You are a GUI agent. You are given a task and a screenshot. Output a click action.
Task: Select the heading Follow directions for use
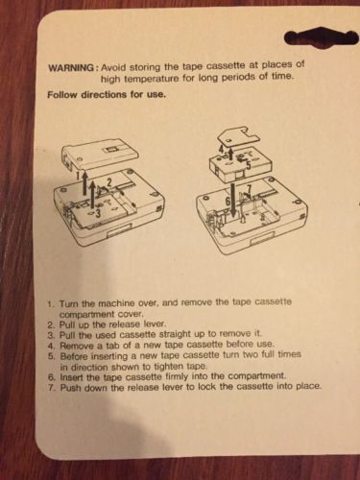pos(107,95)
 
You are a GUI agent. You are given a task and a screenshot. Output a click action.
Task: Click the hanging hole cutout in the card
pos(321,38)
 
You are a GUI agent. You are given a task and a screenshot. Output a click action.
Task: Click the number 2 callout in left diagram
pos(109,183)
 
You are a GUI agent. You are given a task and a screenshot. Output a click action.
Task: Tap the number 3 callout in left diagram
pos(99,212)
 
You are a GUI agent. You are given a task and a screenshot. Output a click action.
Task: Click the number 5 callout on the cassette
pos(249,164)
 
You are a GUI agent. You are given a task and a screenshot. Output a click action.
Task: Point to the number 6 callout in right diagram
pos(228,201)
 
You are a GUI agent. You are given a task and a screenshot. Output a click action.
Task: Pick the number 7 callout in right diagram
pos(250,189)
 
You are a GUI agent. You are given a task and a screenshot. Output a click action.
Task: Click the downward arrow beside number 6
pos(233,199)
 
